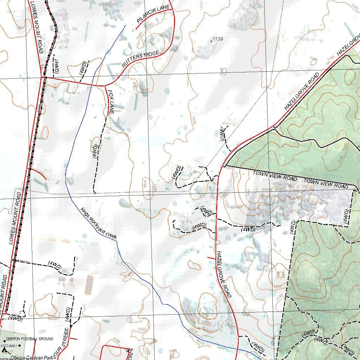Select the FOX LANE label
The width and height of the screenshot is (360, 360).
point(111,102)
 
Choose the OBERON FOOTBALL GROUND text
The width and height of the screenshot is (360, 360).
point(30,339)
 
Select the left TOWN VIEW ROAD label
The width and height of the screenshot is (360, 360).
point(275,176)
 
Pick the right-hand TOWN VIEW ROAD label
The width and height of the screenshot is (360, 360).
point(326,184)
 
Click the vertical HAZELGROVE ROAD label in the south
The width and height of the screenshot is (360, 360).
point(224,274)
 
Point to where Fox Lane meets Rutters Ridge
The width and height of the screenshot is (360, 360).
point(104,86)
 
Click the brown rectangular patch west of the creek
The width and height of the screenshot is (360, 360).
point(89,285)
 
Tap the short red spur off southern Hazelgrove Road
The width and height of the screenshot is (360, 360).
point(212,258)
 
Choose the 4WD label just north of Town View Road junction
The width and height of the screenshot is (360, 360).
point(222,135)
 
